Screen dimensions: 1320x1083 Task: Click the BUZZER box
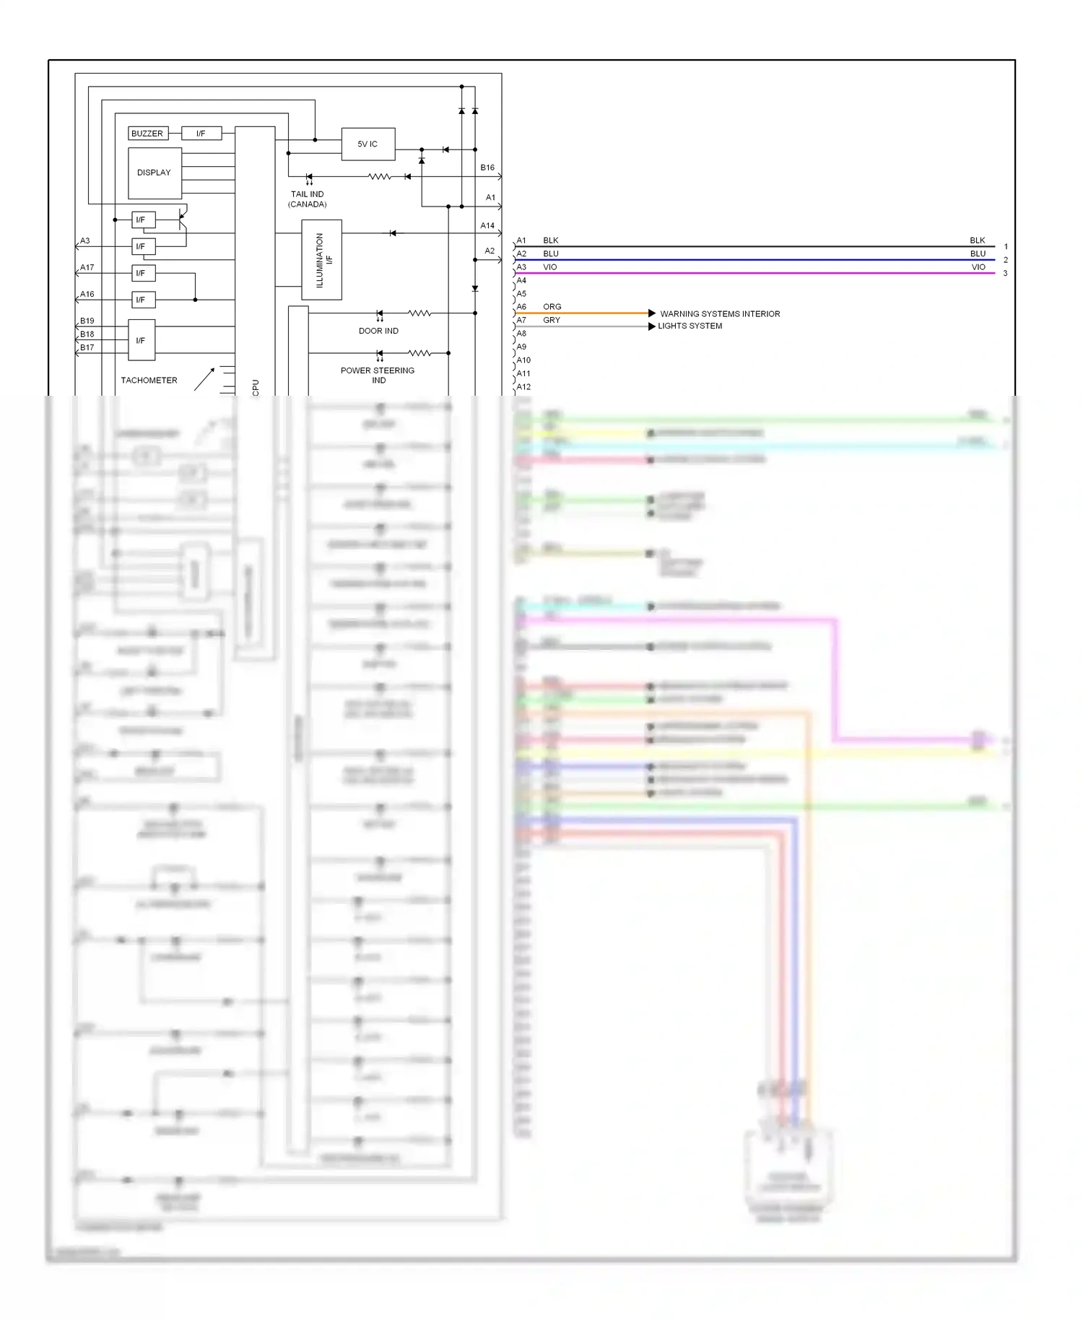(x=147, y=134)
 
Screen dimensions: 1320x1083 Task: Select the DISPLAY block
(x=155, y=173)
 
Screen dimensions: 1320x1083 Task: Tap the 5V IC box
(x=367, y=144)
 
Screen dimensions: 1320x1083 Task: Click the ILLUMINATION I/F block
(x=322, y=260)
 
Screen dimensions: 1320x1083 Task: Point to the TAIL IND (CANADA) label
(x=308, y=199)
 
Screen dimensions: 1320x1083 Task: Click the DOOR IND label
(x=378, y=331)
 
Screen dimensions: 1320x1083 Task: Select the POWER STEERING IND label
(x=378, y=375)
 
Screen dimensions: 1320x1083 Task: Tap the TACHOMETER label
(x=149, y=381)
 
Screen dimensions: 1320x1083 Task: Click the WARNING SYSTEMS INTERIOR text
(x=720, y=314)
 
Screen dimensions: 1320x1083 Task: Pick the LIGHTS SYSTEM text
(x=690, y=326)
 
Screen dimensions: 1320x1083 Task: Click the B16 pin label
(x=487, y=168)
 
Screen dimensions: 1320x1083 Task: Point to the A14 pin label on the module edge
(x=487, y=226)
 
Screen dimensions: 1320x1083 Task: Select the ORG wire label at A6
(x=552, y=307)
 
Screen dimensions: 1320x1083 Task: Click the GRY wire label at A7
(x=551, y=321)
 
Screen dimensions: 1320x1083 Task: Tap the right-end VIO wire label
(x=978, y=267)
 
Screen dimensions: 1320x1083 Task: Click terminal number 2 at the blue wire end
(x=1005, y=260)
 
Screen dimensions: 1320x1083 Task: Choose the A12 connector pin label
(x=523, y=387)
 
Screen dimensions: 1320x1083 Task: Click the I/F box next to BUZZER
(x=201, y=134)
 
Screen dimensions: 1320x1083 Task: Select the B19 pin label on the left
(x=87, y=321)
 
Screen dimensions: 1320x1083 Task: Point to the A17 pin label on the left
(x=87, y=268)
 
